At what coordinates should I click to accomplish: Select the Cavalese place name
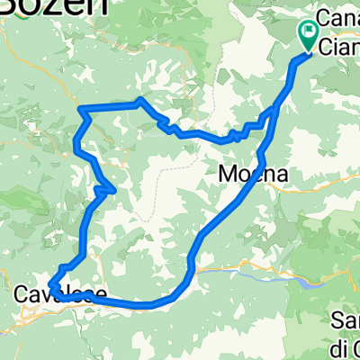point(60,294)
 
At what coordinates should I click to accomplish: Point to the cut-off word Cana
point(340,20)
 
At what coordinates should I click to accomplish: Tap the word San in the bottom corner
point(345,320)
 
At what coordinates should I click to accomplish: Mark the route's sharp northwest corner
point(82,110)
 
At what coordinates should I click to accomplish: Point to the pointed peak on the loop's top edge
point(139,100)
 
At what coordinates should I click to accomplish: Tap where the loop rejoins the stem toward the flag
point(274,112)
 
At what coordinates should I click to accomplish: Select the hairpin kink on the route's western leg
point(111,189)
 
